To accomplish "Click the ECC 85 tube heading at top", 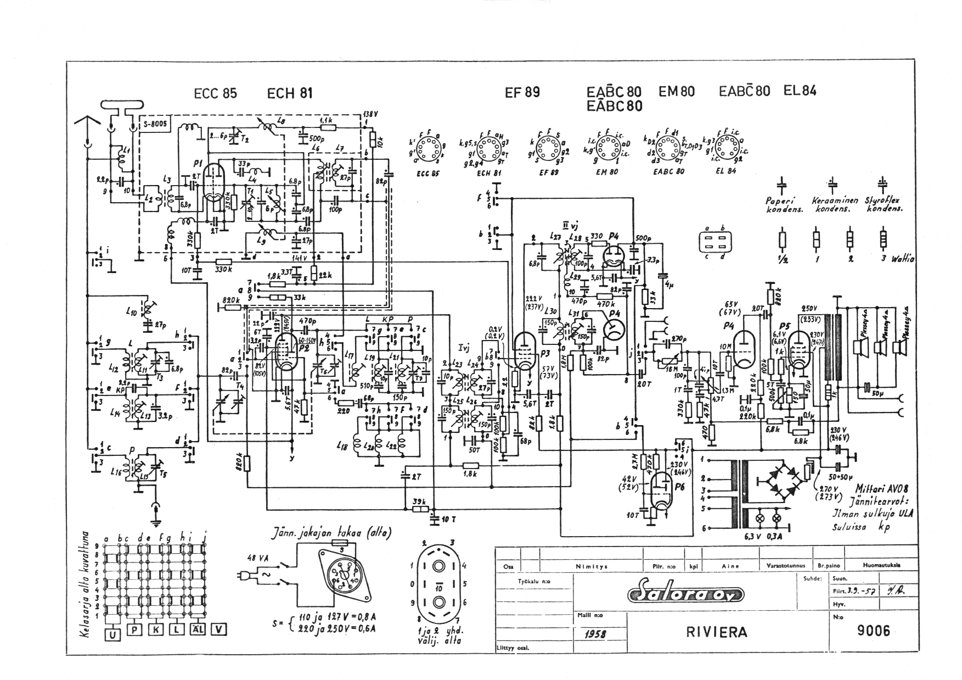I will pyautogui.click(x=215, y=93).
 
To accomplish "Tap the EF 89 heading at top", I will pyautogui.click(x=522, y=93).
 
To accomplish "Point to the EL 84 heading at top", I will pyautogui.click(x=800, y=91).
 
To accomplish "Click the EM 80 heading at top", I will pyautogui.click(x=676, y=91).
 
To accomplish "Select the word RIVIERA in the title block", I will pyautogui.click(x=716, y=632).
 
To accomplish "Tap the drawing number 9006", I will pyautogui.click(x=874, y=631).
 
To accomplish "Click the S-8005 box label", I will pyautogui.click(x=156, y=124).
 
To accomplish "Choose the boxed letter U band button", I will pyautogui.click(x=112, y=635).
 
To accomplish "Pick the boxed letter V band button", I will pyautogui.click(x=219, y=630).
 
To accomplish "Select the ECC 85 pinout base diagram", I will pyautogui.click(x=427, y=148).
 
